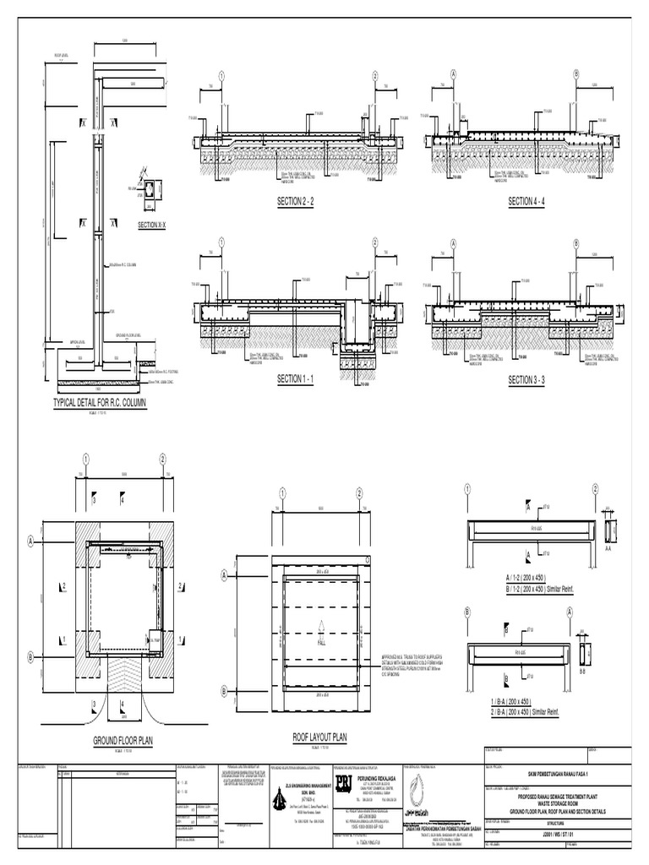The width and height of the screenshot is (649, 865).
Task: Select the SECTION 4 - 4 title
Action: (x=526, y=202)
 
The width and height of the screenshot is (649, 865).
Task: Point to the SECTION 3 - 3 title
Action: (x=526, y=380)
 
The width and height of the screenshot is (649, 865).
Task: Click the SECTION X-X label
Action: (x=152, y=226)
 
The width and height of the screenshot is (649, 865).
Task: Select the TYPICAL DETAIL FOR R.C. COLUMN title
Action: (x=100, y=404)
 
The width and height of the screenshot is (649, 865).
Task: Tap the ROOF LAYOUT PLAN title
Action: (x=320, y=737)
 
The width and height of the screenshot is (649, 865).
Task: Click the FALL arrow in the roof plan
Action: (x=321, y=629)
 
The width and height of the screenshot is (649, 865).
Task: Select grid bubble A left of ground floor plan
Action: (x=31, y=540)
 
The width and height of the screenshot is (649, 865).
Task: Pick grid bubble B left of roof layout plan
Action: (x=225, y=691)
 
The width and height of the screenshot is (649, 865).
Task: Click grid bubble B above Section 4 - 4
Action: (x=575, y=74)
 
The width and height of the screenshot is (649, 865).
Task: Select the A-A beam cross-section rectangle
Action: (x=612, y=530)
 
